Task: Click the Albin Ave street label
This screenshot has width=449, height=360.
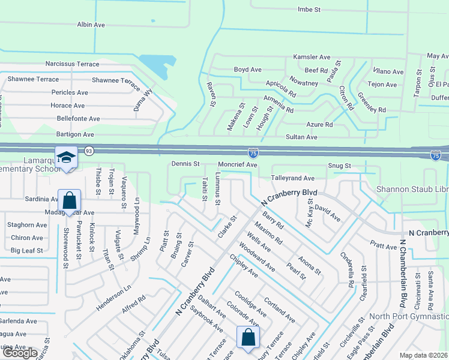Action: [x=91, y=25]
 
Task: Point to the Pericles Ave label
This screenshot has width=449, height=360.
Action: [x=70, y=92]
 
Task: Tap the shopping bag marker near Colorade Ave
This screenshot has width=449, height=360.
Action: [x=248, y=337]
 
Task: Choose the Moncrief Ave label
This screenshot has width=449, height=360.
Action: [x=237, y=164]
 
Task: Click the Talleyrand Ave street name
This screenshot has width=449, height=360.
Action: [x=292, y=178]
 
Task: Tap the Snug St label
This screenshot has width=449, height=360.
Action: [x=339, y=166]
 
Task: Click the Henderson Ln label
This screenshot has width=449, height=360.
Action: [x=113, y=298]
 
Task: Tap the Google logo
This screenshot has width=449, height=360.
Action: [x=19, y=353]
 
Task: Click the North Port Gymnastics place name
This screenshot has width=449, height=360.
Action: [x=408, y=316]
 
